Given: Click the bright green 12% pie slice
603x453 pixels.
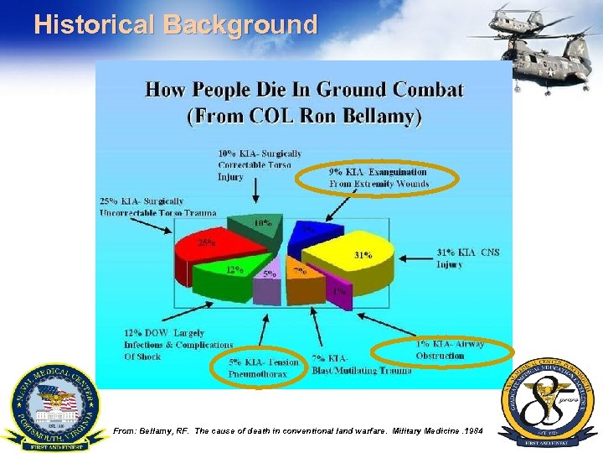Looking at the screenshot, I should click(229, 273).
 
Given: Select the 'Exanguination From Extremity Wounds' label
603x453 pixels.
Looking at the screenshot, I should click(379, 178).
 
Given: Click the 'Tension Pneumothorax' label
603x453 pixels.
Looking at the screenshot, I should click(263, 367).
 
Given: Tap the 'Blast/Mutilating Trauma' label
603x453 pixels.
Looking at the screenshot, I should click(361, 365).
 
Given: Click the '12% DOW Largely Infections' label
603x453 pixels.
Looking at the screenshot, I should click(178, 345).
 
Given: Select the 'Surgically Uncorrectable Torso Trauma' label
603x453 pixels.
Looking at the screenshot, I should click(156, 207).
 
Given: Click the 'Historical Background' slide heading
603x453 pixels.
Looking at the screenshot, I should click(176, 25).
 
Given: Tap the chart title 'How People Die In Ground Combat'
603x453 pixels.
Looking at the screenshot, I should click(304, 90).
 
